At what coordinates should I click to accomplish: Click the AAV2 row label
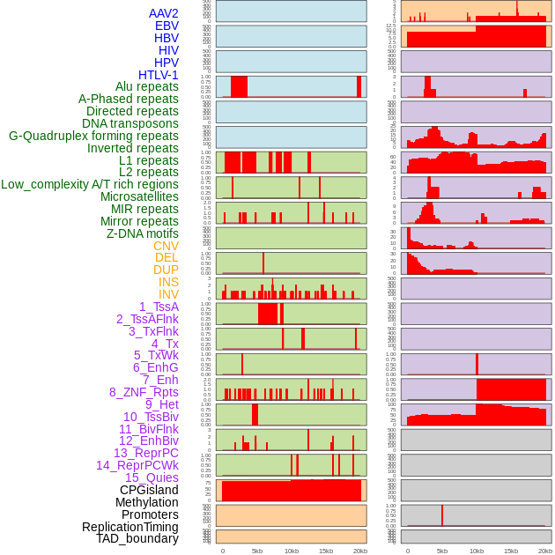pos(164,13)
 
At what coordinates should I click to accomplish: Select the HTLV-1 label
pos(159,75)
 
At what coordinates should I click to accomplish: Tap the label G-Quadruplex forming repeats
pos(93,136)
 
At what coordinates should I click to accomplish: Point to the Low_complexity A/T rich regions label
pos(90,184)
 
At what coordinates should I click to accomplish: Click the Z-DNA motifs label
pos(143,233)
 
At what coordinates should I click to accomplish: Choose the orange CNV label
pos(166,246)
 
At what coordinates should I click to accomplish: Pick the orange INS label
pos(168,282)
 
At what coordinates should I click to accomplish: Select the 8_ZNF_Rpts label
pos(144,392)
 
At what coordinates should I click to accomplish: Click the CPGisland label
pos(149,490)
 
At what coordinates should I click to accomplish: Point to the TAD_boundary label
pos(137,538)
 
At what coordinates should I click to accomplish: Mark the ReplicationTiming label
pos(130,527)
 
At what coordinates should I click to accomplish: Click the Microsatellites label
pos(139,196)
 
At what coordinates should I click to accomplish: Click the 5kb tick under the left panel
pos(257,551)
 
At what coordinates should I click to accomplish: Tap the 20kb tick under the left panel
pos(360,551)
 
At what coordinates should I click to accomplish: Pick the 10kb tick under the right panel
pos(477,551)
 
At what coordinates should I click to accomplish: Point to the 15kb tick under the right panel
pos(511,551)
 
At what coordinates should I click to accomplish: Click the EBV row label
pos(166,26)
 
